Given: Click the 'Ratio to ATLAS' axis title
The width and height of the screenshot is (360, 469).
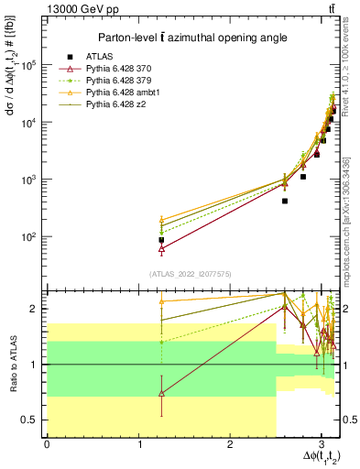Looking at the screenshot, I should point(13,364).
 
